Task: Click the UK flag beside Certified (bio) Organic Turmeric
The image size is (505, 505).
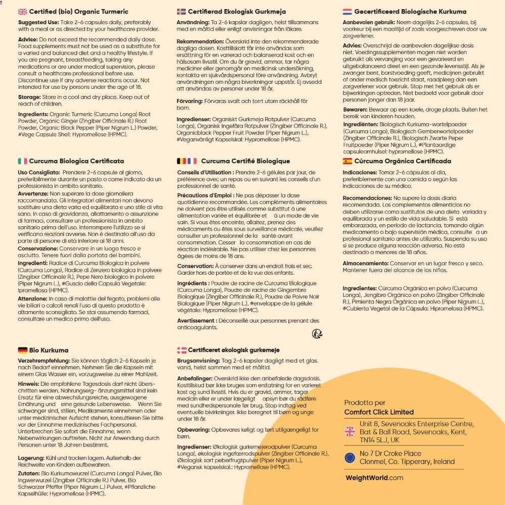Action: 23,12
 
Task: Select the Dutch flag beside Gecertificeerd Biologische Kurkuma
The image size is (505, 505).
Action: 347,12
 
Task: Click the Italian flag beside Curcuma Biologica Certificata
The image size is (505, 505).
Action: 23,161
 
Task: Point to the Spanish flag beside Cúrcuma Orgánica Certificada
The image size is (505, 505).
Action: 347,161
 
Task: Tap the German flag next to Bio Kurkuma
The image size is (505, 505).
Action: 23,350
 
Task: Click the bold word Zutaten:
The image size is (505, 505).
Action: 29,474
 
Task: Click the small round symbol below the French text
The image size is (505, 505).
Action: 317,334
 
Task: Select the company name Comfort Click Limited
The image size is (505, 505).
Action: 379,412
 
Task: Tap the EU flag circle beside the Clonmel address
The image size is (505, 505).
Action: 349,458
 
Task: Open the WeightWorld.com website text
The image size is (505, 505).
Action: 374,477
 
